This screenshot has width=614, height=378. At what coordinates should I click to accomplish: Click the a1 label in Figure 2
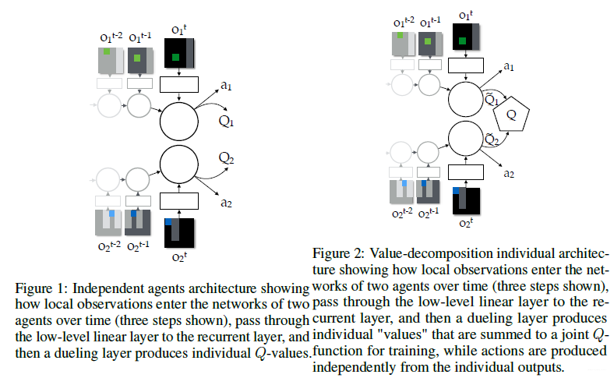(508, 67)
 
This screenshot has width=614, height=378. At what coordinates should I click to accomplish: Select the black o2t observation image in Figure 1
(179, 233)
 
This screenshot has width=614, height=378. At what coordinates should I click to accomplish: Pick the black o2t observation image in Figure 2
(467, 202)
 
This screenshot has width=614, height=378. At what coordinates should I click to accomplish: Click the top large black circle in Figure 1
(180, 122)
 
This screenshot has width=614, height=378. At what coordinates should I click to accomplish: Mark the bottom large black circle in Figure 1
(180, 166)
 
